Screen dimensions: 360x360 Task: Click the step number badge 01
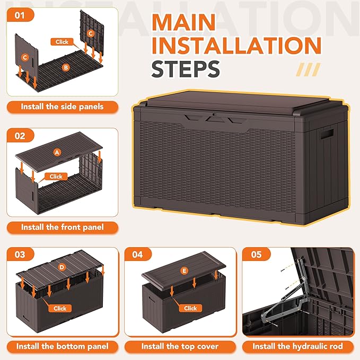coord(20,15)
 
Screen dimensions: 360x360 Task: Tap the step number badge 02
coord(20,136)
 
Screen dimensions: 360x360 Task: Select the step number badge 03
coord(20,254)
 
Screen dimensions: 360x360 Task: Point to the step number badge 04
coord(138,254)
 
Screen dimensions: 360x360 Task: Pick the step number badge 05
coord(256,254)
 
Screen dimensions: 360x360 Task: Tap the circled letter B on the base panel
coord(65,67)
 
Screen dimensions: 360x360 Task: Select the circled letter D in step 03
coord(62,267)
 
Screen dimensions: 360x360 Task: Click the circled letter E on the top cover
coord(184,271)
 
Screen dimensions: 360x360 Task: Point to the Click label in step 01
coord(63,41)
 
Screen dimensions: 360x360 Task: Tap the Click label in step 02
coord(56,177)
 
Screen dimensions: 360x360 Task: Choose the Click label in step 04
coord(190,308)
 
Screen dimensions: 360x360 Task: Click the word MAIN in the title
coord(185,23)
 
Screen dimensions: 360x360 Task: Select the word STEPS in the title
coord(186,68)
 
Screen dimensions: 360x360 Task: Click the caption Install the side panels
coord(62,107)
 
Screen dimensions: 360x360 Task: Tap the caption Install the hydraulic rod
coord(297,347)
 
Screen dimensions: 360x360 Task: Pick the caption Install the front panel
coord(62,227)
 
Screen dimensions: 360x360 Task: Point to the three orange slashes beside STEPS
coord(308,69)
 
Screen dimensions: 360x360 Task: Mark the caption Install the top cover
coord(180,347)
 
